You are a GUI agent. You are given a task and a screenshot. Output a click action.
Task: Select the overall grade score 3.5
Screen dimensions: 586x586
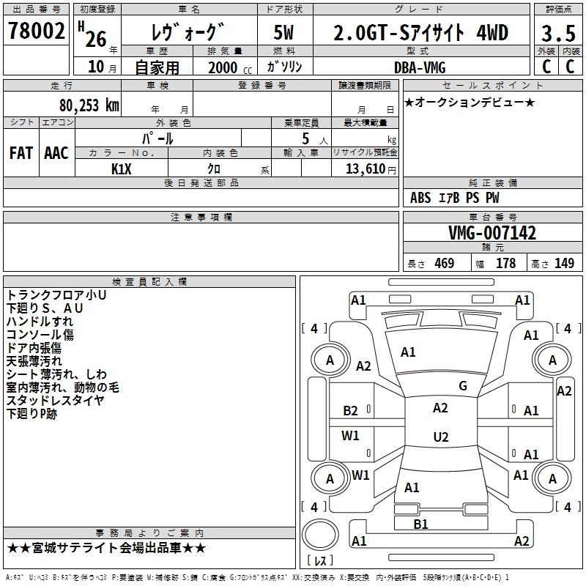(558, 34)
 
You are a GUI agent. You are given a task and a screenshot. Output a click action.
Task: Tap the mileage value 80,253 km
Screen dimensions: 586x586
(89, 105)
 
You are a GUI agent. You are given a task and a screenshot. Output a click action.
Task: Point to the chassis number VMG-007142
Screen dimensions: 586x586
(492, 233)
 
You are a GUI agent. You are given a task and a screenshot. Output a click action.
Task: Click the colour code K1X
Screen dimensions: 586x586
(122, 168)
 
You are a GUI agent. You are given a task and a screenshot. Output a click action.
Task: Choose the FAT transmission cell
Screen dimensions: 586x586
(21, 153)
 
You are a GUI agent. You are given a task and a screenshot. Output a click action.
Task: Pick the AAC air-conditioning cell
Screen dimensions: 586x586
(56, 153)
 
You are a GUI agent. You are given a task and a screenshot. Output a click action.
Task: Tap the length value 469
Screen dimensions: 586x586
(444, 264)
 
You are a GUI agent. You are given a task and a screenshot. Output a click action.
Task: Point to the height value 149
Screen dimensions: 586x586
(564, 264)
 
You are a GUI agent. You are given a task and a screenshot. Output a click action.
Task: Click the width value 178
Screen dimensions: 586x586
(505, 264)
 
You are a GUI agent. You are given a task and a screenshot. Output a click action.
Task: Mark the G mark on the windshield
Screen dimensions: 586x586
(463, 386)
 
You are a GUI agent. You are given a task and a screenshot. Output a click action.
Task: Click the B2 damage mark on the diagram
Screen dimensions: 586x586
(351, 411)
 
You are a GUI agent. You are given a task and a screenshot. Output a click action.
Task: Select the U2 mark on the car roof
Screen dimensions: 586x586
(440, 437)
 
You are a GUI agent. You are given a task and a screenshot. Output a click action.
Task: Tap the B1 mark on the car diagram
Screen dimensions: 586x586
(420, 524)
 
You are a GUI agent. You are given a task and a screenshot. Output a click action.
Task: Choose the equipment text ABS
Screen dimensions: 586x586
(420, 198)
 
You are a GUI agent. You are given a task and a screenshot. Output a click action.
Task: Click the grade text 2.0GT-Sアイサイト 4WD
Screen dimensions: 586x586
(420, 34)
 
